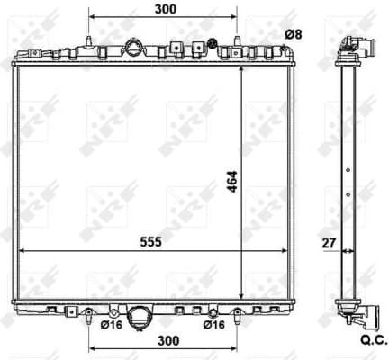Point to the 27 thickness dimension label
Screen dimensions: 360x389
[x=328, y=241]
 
